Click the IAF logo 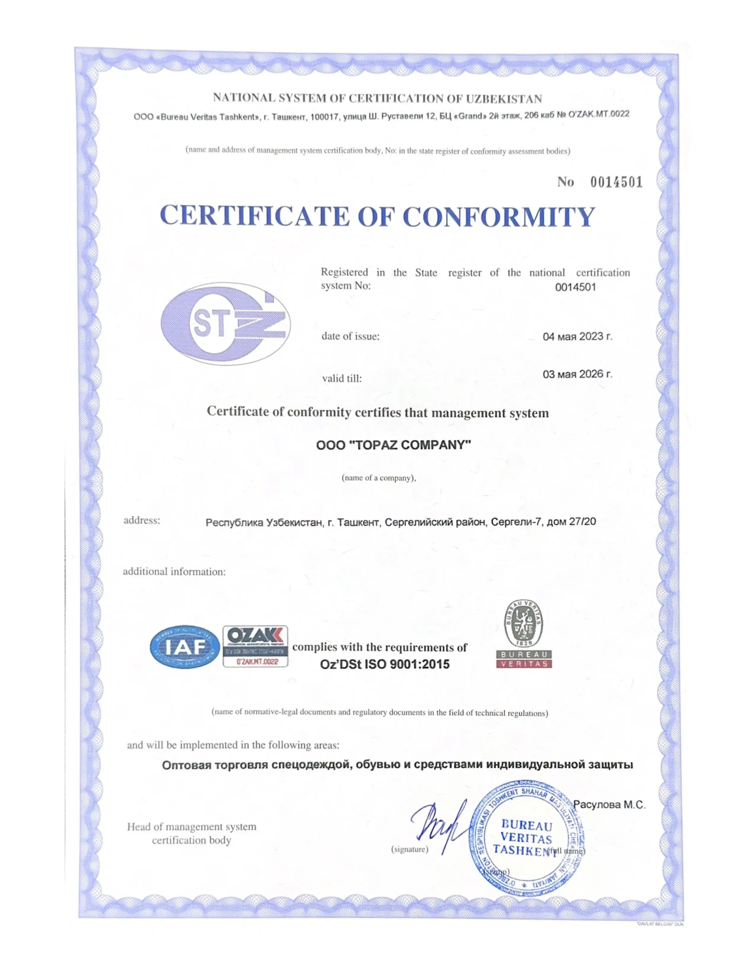(185, 647)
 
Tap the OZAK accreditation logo (255, 646)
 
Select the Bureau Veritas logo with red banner (524, 634)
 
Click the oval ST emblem (226, 323)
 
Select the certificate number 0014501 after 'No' (616, 182)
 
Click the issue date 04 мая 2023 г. (577, 336)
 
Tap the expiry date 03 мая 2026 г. (577, 374)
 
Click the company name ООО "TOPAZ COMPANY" (393, 445)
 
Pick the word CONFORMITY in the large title (498, 217)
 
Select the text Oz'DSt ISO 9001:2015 (384, 664)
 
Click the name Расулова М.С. (609, 805)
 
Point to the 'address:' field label (142, 520)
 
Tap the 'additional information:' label (174, 572)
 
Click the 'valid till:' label (342, 378)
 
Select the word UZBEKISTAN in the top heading (504, 99)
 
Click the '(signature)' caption (410, 849)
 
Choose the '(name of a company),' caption (378, 478)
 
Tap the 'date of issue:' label (350, 336)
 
